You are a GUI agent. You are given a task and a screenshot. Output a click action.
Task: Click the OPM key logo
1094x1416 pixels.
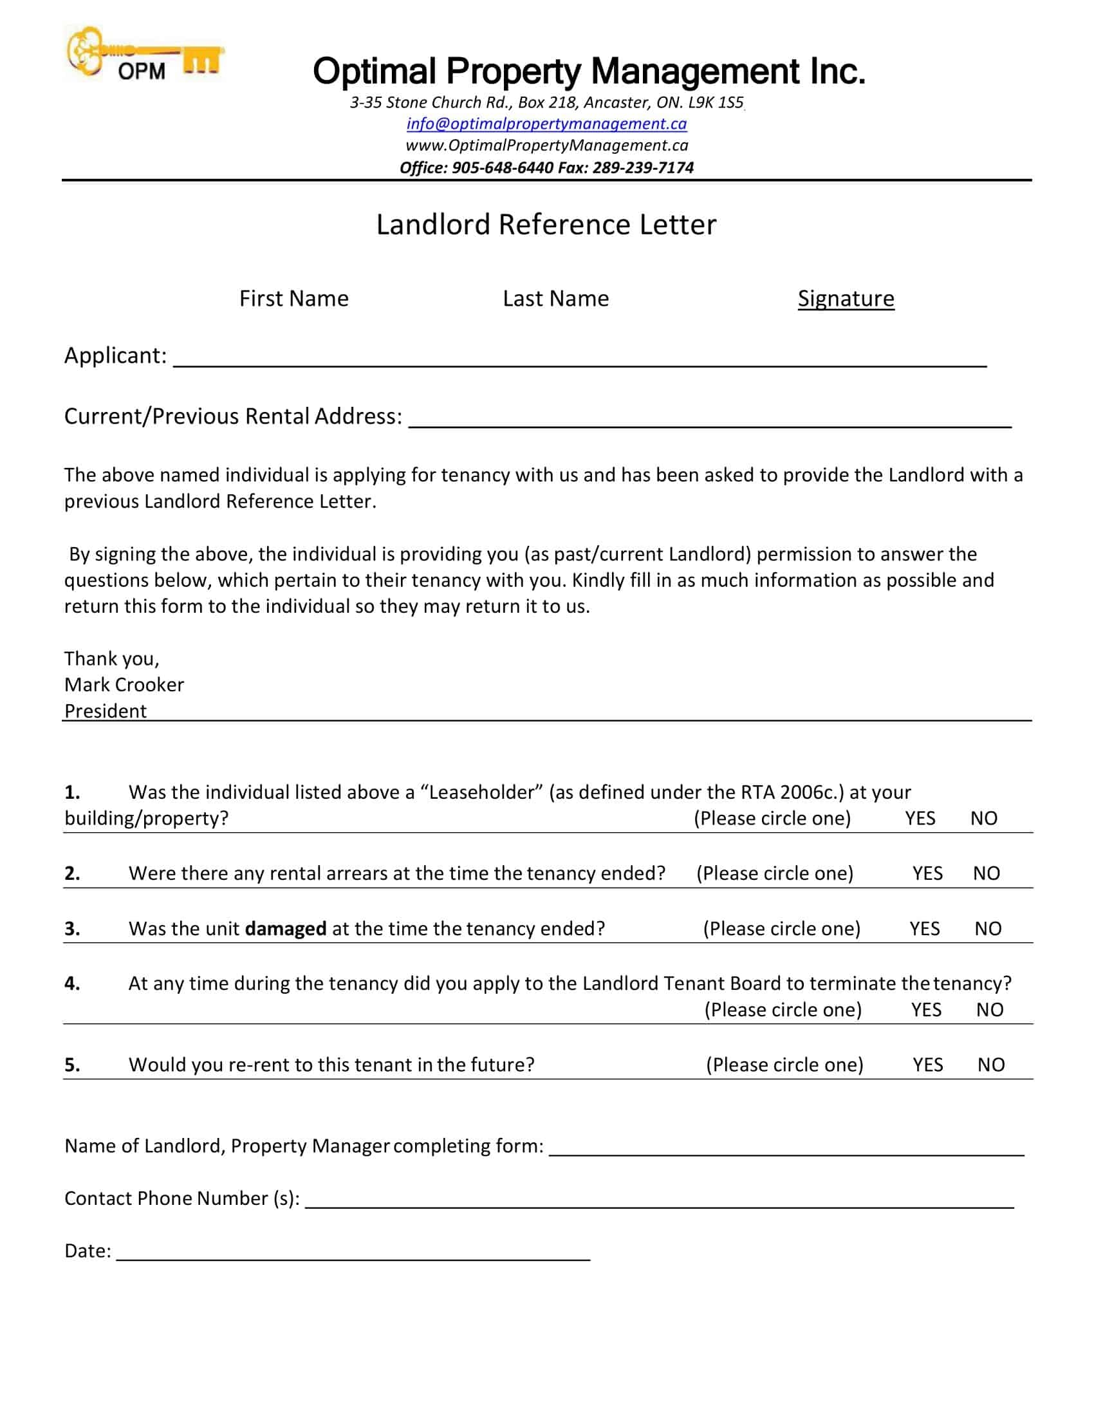tap(144, 55)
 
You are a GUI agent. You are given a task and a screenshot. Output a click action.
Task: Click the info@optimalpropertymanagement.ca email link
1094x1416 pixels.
tap(546, 124)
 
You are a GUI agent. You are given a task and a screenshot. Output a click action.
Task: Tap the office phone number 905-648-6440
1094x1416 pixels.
tap(503, 168)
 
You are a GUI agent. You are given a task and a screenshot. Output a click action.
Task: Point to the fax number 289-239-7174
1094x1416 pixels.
tap(643, 168)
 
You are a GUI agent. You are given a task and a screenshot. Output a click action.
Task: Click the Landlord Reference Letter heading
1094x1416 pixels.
tap(546, 225)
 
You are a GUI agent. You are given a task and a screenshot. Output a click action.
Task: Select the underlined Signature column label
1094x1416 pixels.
tap(846, 299)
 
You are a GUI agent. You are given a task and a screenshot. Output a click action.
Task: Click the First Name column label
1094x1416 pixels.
tap(293, 299)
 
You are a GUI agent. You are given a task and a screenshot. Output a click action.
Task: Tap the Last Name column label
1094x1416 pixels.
tap(555, 299)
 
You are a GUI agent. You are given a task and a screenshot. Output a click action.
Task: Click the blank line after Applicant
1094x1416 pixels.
tap(579, 360)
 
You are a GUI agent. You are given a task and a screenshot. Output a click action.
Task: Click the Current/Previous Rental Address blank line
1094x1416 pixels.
tap(710, 421)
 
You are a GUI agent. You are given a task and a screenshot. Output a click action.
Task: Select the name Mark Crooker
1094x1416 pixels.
tap(124, 685)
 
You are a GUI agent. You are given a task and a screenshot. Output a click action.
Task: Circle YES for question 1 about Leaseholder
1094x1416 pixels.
tap(920, 818)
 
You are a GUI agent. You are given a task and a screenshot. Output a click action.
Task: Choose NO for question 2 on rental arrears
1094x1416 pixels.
tap(986, 873)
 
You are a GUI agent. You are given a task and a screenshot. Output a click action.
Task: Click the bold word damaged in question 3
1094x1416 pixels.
tap(285, 928)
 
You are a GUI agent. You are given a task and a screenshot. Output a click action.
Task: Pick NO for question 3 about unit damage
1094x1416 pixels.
tap(988, 928)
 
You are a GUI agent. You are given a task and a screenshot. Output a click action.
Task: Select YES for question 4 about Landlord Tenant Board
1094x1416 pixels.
tap(926, 1009)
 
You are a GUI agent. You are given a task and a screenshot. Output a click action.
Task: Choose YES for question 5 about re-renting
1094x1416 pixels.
tap(927, 1065)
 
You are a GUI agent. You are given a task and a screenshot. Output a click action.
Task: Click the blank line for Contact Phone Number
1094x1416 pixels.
tap(658, 1203)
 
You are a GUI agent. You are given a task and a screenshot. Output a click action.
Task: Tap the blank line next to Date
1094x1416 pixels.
tap(353, 1255)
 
